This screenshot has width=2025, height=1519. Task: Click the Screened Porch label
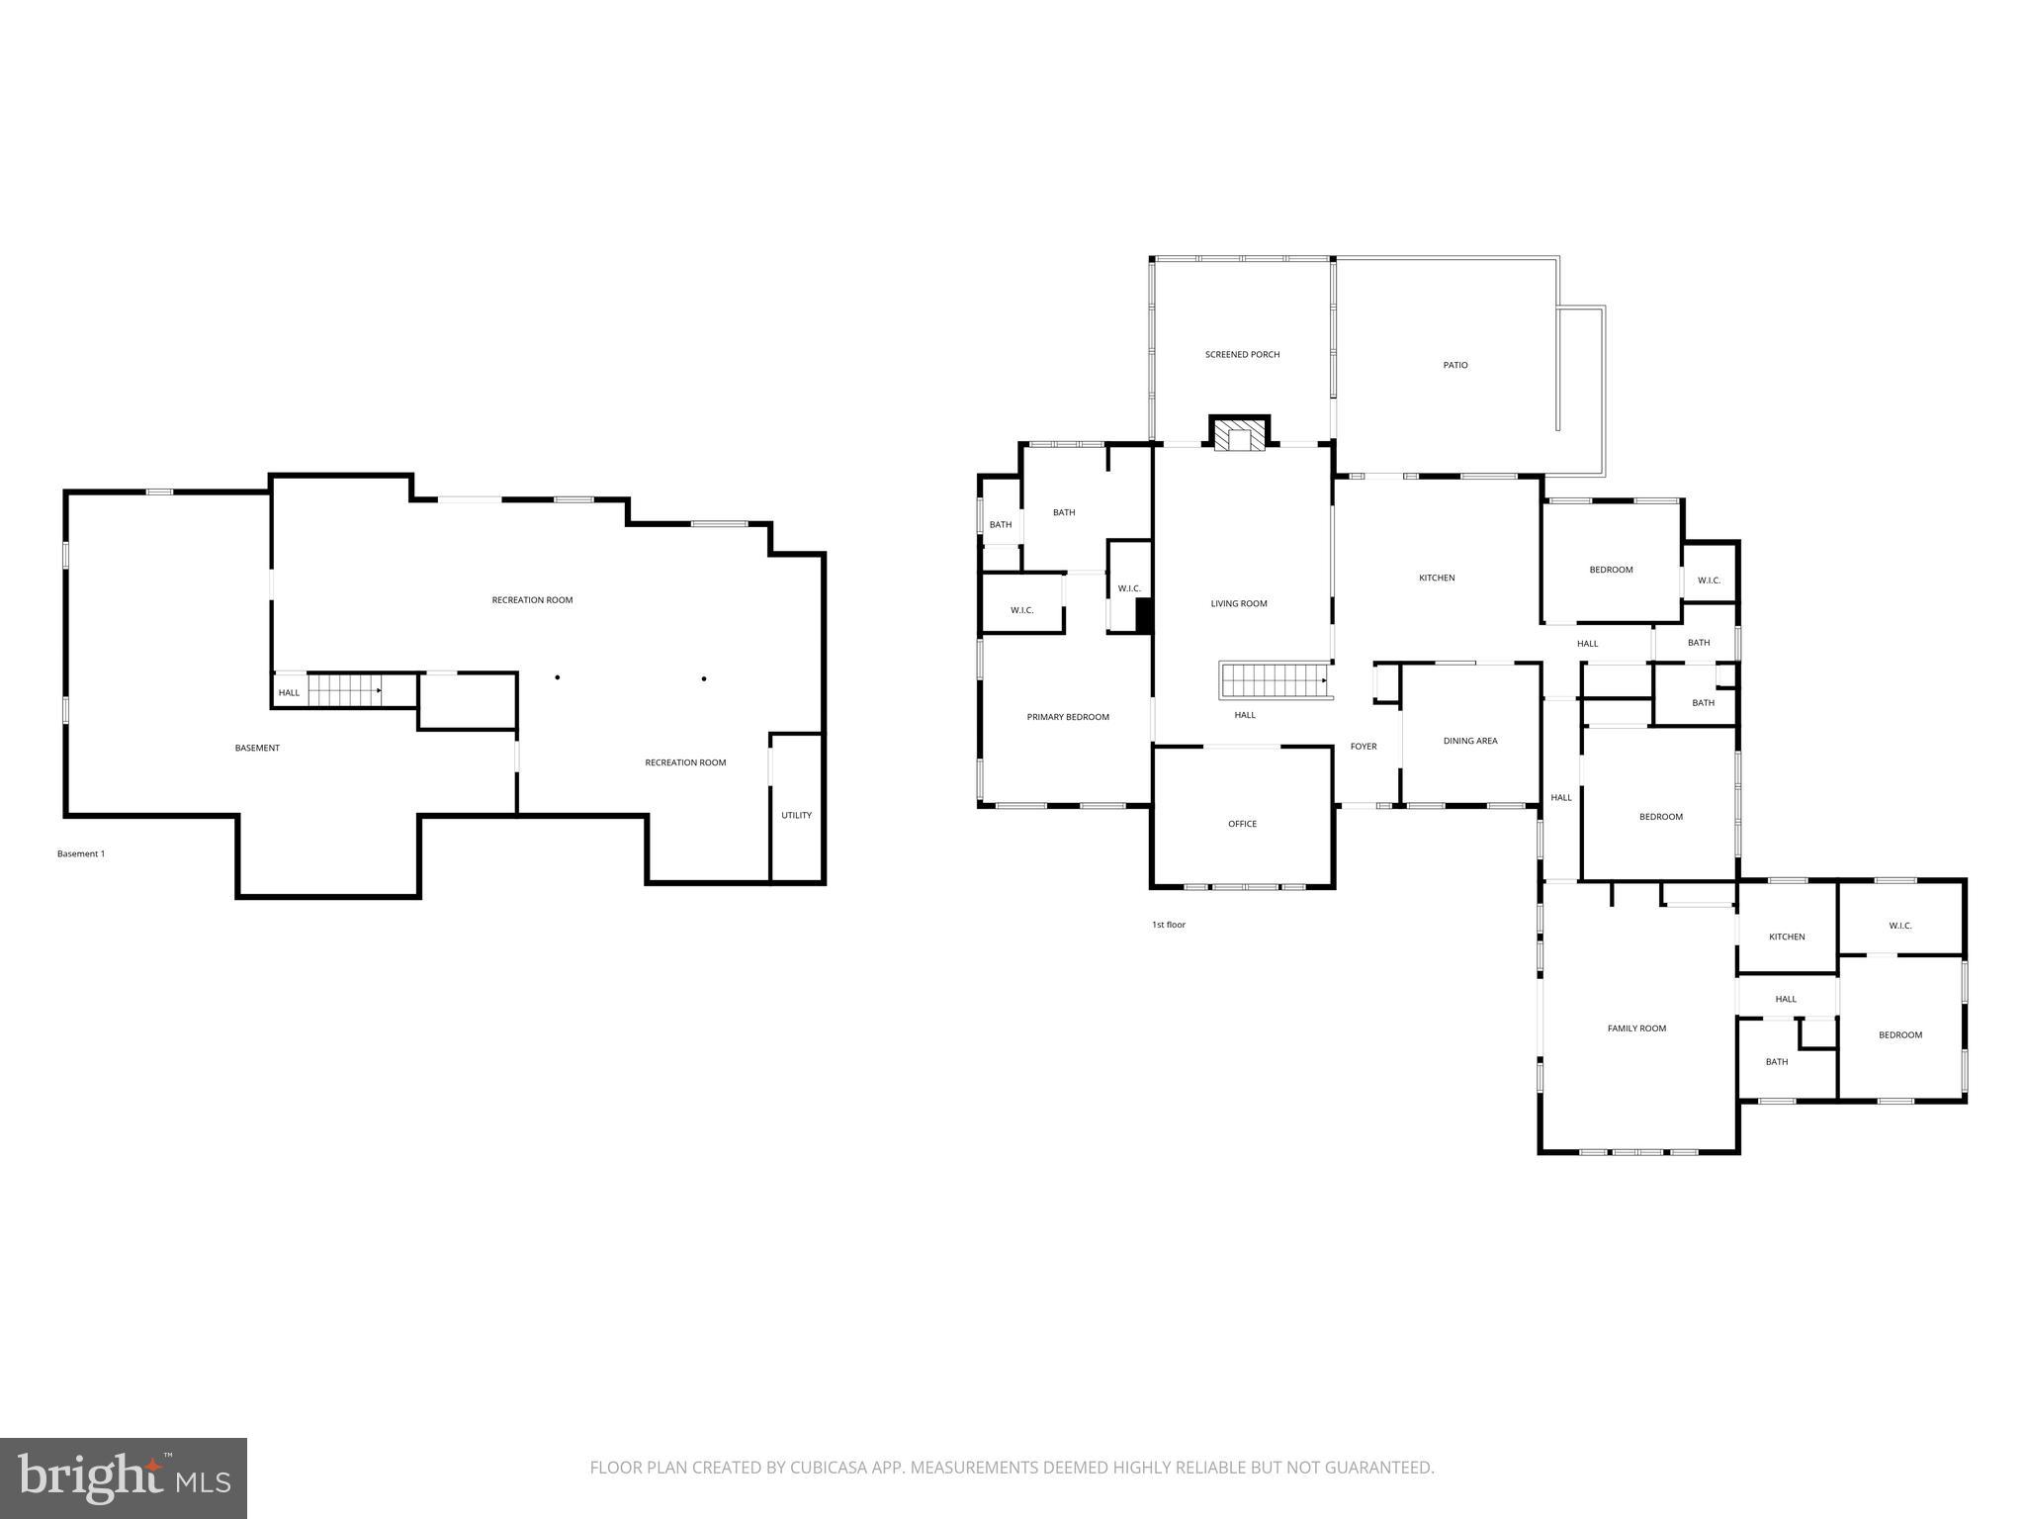1242,354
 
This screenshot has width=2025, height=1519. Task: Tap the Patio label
1455,365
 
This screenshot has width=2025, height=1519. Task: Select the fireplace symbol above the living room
1240,436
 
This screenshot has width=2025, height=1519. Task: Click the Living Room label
1239,603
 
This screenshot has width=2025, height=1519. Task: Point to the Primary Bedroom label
1068,717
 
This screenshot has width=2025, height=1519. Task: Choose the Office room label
1243,824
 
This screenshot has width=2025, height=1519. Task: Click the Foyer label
1364,747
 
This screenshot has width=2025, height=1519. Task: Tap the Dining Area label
1470,741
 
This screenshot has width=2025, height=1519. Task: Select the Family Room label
1636,1028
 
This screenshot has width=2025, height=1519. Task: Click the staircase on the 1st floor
1273,680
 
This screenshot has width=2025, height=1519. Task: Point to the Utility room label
796,816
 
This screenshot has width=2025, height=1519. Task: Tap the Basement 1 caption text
81,853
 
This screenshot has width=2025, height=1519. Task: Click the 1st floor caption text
1169,925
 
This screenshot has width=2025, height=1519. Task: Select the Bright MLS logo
124,1477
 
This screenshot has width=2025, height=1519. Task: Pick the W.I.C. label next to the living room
1129,588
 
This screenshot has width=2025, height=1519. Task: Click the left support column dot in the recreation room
558,677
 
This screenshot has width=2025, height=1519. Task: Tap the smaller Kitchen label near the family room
1787,937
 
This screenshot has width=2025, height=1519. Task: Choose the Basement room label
257,748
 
